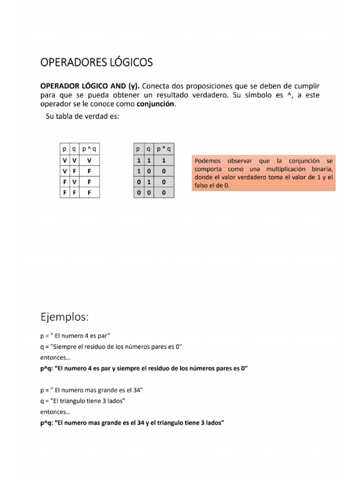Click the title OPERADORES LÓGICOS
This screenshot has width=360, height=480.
click(x=96, y=62)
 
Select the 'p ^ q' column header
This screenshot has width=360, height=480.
click(x=89, y=149)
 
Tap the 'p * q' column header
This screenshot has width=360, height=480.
click(x=164, y=149)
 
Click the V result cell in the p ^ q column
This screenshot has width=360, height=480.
click(x=89, y=160)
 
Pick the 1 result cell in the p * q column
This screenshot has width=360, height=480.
click(x=164, y=160)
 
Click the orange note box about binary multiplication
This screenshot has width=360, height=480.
click(x=264, y=173)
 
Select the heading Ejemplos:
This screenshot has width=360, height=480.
click(x=64, y=317)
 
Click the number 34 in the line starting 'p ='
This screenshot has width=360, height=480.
click(x=135, y=390)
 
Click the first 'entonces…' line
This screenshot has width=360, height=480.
click(x=55, y=357)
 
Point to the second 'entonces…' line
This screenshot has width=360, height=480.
click(x=55, y=412)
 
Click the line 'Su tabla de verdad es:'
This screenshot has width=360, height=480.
click(x=82, y=117)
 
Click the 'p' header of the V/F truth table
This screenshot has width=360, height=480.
click(x=64, y=149)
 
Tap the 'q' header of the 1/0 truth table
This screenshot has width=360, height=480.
click(x=148, y=149)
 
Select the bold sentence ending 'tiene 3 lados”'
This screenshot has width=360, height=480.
click(x=133, y=423)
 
